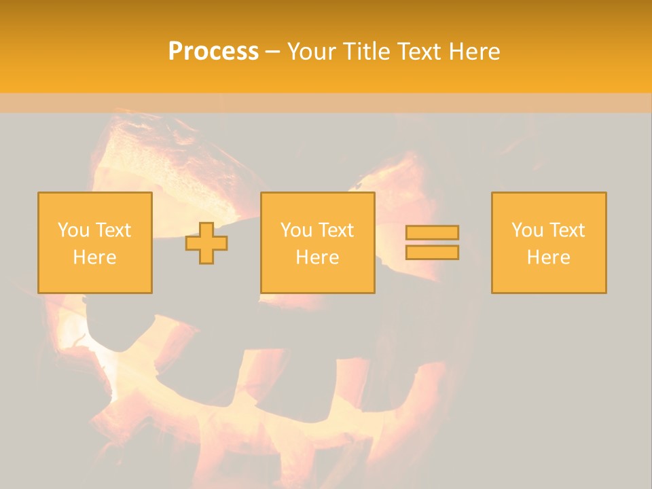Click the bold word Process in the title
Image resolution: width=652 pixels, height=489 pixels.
[x=213, y=51]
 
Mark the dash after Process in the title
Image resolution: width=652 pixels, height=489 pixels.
[x=272, y=52]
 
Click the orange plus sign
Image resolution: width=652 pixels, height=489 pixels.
[x=206, y=243]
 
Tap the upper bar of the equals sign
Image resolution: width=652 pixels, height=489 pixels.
[x=432, y=232]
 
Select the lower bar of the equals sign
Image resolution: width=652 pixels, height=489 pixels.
[x=432, y=253]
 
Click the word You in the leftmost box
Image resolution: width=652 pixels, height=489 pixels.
[x=73, y=230]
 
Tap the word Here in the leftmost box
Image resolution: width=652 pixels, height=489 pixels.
[x=94, y=257]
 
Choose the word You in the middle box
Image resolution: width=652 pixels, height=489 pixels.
[x=296, y=230]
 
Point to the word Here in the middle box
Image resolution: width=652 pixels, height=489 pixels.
[x=317, y=257]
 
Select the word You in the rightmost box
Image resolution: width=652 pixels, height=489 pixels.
[x=527, y=230]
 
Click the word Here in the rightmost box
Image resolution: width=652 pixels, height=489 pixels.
[x=548, y=257]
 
